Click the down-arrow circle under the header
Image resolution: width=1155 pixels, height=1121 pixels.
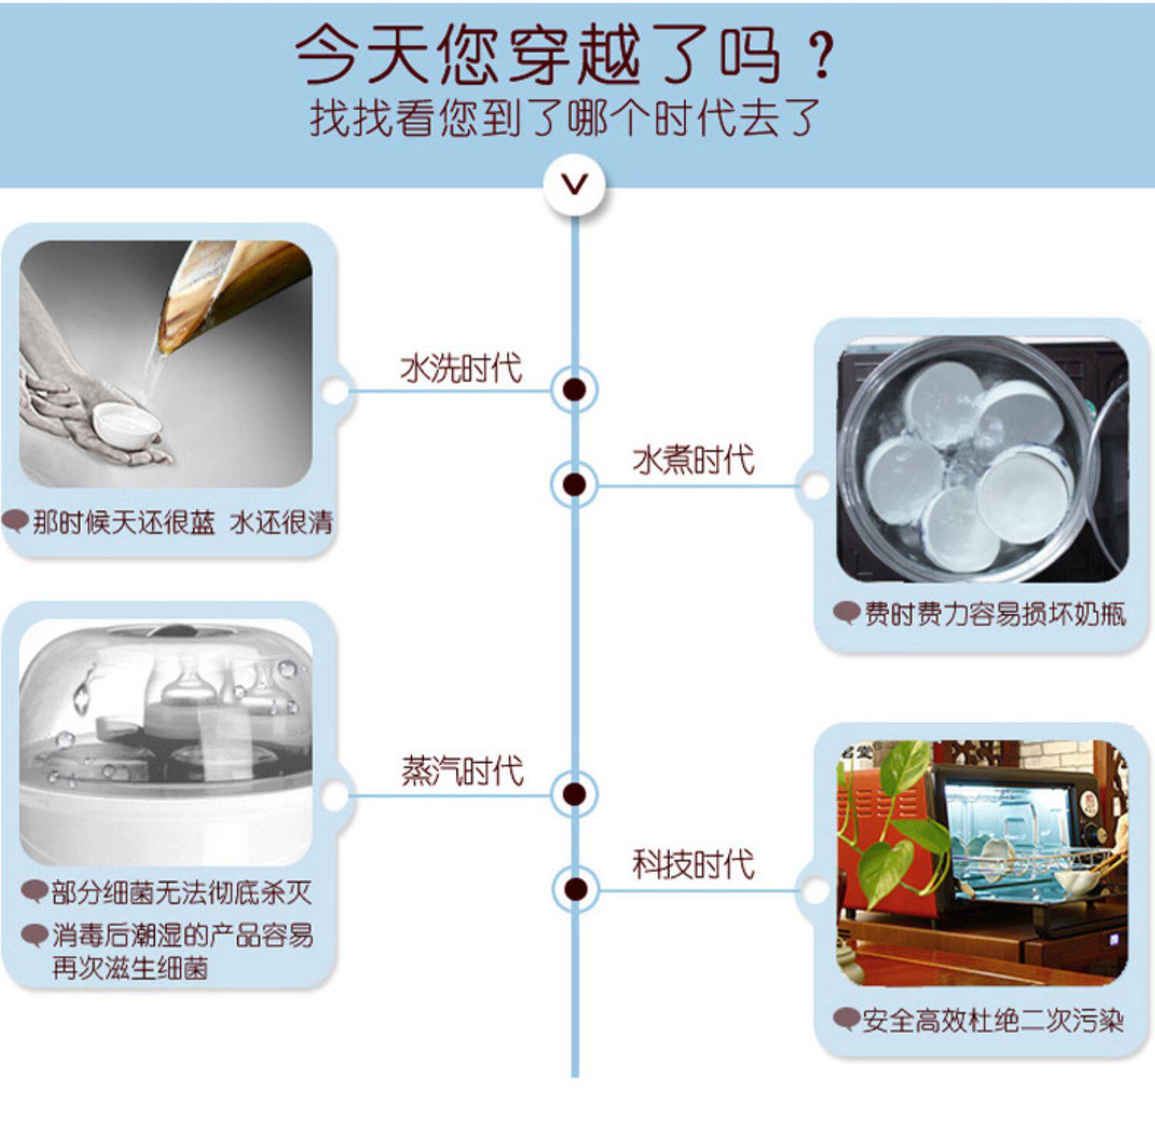pos(574,184)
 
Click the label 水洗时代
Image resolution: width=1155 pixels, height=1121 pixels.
pos(460,368)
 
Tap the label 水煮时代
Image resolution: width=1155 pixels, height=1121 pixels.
pos(693,460)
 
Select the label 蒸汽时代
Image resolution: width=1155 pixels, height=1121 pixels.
pos(461,771)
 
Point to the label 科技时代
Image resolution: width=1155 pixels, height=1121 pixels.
pos(693,864)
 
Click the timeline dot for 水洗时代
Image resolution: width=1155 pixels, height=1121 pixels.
pos(574,390)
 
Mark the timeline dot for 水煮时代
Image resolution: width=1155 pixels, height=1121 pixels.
pos(574,485)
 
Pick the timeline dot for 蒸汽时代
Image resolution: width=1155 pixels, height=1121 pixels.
pos(574,795)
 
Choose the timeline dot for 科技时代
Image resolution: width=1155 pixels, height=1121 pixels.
pos(574,889)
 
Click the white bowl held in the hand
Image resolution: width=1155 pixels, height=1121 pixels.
pos(126,424)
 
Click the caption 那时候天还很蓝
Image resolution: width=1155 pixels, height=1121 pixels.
pos(123,523)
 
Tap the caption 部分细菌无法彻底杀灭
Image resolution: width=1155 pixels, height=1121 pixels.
pos(182,893)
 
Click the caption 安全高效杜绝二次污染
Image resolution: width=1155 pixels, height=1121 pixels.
pos(993,1021)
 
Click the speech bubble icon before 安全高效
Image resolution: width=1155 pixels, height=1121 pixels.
pos(846,1019)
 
